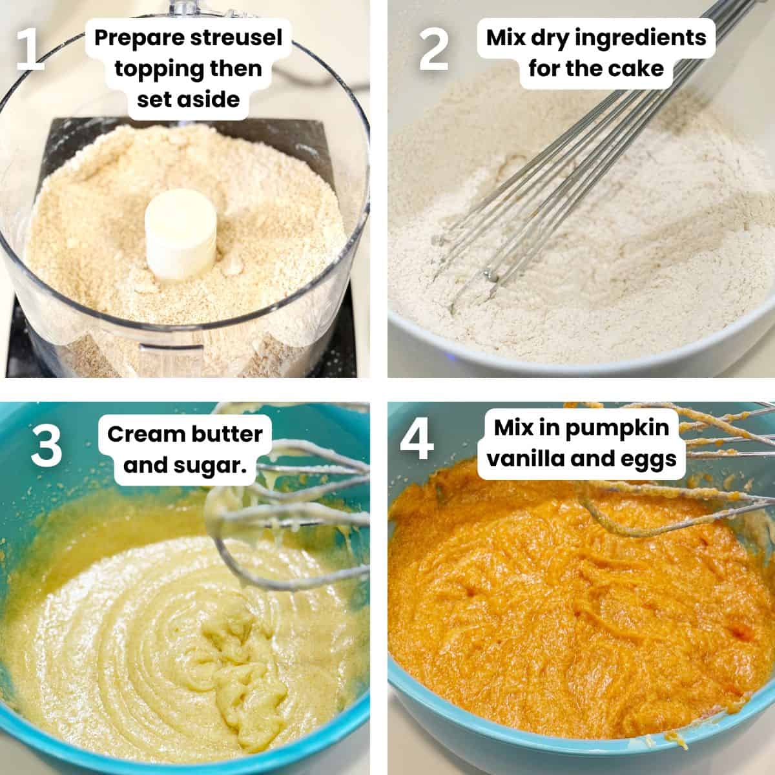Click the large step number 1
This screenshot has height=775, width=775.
pyautogui.click(x=30, y=50)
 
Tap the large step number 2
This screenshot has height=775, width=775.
pyautogui.click(x=433, y=50)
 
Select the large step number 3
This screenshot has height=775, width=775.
pyautogui.click(x=46, y=446)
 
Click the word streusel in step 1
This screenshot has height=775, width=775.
pyautogui.click(x=236, y=38)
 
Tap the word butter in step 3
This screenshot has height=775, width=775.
pyautogui.click(x=227, y=435)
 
